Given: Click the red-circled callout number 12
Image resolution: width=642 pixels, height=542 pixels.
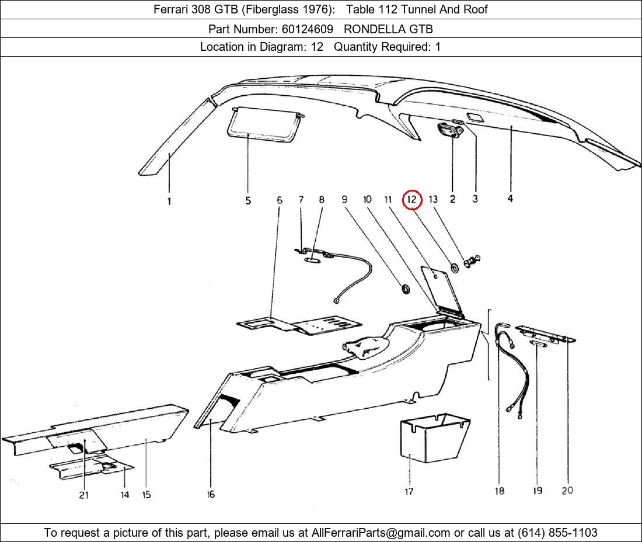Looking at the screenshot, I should [x=412, y=199].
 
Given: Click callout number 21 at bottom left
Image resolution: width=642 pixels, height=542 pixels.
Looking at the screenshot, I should [x=84, y=495].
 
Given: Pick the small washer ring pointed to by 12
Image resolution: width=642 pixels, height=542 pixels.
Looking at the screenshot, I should [x=453, y=269].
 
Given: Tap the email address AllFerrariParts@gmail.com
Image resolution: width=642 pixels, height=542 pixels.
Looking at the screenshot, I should [x=381, y=533].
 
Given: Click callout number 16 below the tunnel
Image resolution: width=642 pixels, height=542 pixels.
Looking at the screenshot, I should [x=211, y=494].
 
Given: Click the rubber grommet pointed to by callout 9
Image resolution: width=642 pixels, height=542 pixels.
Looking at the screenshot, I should [x=403, y=288].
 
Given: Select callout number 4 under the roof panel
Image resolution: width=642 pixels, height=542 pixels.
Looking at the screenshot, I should [x=510, y=199].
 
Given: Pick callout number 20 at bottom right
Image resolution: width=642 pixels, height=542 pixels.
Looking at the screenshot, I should [x=567, y=491].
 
